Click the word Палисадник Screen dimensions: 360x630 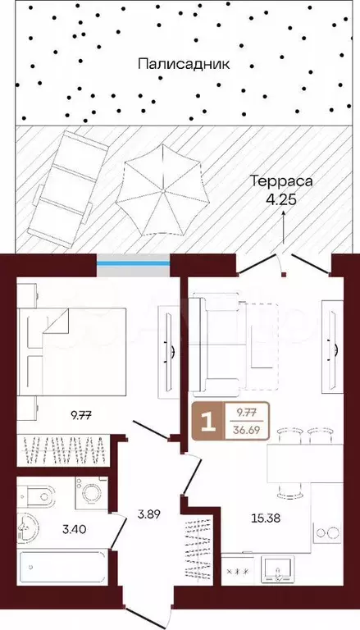(x=184, y=64)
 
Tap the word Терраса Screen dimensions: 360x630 (x=281, y=181)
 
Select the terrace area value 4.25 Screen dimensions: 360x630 (x=281, y=200)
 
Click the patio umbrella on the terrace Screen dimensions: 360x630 (x=162, y=189)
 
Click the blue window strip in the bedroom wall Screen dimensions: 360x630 (x=134, y=263)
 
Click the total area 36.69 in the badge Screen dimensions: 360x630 (x=246, y=431)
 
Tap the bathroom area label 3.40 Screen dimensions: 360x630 (x=75, y=530)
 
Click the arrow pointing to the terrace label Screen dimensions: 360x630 (x=284, y=227)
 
